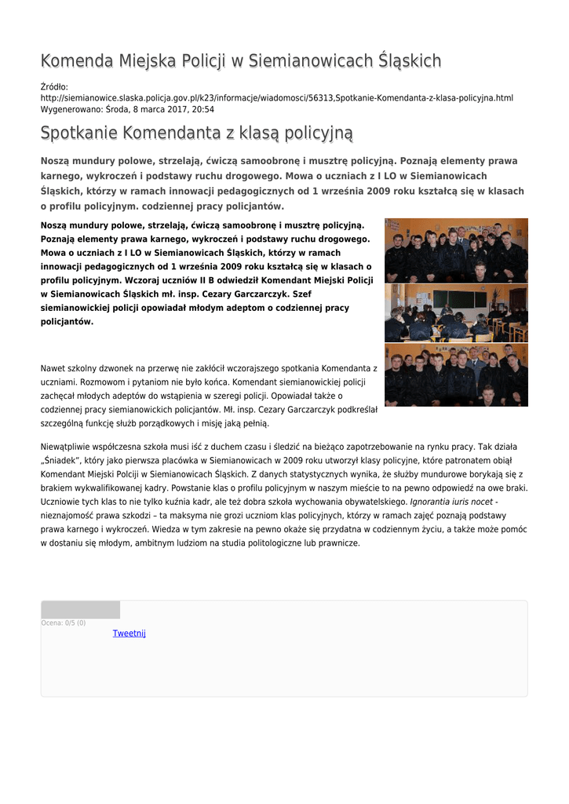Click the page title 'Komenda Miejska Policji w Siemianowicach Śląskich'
pyautogui.click(x=240, y=61)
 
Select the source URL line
pyautogui.click(x=276, y=98)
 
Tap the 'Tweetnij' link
pyautogui.click(x=129, y=634)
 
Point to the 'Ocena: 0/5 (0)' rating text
pyautogui.click(x=64, y=623)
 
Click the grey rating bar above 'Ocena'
pyautogui.click(x=80, y=610)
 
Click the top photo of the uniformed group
pyautogui.click(x=456, y=250)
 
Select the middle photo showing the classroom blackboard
pyautogui.click(x=456, y=313)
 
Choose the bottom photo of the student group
pyautogui.click(x=456, y=375)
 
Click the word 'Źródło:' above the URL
pyautogui.click(x=54, y=87)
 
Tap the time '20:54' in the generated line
pyautogui.click(x=203, y=110)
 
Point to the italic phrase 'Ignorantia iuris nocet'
pyautogui.click(x=451, y=502)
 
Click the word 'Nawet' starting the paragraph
pyautogui.click(x=52, y=367)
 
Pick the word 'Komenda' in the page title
pyautogui.click(x=75, y=61)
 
